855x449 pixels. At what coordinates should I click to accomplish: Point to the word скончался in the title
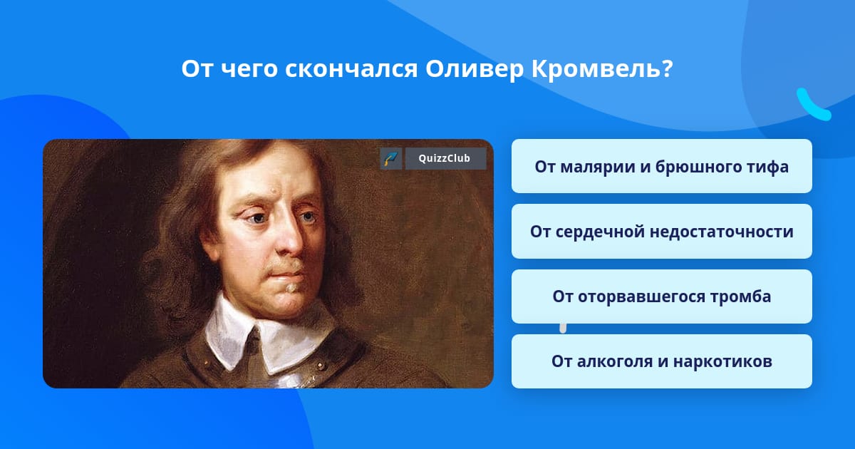click(x=351, y=70)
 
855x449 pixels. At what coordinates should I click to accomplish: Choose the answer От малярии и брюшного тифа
click(x=661, y=166)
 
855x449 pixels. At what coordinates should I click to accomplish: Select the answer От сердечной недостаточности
click(x=661, y=232)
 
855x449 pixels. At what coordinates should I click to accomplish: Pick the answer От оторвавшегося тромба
click(x=661, y=296)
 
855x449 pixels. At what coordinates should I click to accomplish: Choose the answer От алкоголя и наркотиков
click(x=661, y=361)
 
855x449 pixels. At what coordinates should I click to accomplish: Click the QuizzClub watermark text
click(x=444, y=158)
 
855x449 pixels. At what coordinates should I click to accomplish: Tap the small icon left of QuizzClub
click(x=391, y=158)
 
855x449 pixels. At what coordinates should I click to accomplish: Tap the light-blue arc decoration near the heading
click(x=812, y=105)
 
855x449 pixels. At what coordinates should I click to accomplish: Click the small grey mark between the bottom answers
click(x=563, y=329)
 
